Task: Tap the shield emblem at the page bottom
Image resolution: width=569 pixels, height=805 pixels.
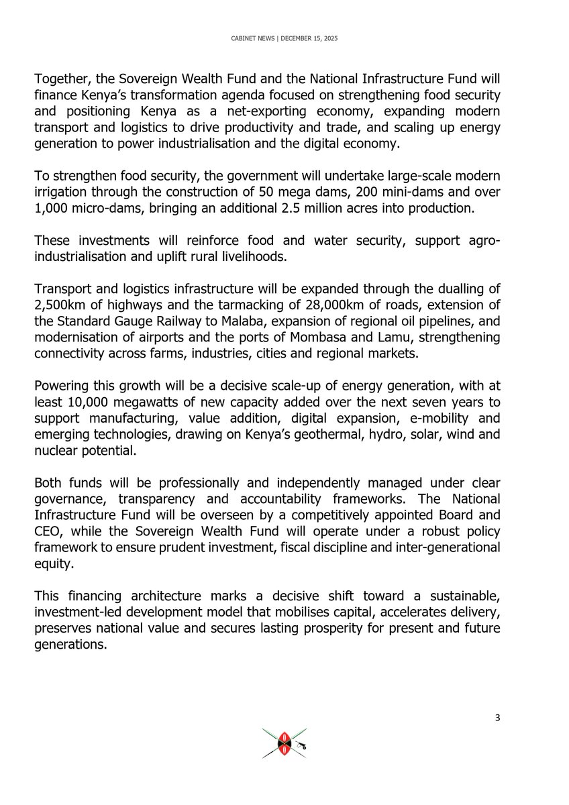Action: [x=284, y=743]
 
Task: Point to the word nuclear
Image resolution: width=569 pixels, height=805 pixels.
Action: [x=56, y=450]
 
